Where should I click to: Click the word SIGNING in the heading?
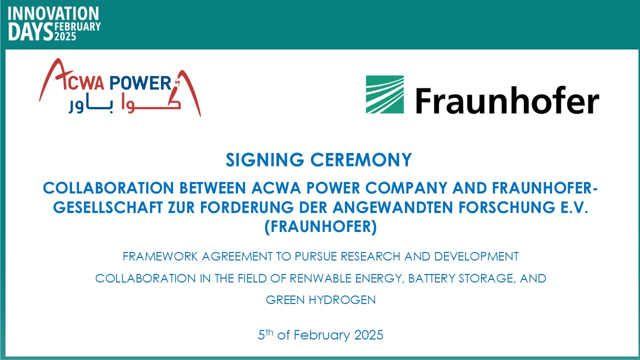click(x=265, y=159)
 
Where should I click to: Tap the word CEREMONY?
click(x=361, y=159)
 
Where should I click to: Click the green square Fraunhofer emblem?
click(x=385, y=94)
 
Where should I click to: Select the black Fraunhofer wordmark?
click(x=507, y=100)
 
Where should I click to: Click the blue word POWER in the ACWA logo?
click(x=140, y=83)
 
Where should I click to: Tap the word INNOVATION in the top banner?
click(x=53, y=13)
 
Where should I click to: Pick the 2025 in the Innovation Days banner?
click(x=65, y=36)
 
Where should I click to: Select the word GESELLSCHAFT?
click(x=108, y=207)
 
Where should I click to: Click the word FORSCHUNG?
click(x=507, y=207)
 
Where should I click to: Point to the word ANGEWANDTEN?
click(x=392, y=207)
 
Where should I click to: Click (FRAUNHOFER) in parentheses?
click(x=320, y=227)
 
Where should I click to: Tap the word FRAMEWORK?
click(x=160, y=256)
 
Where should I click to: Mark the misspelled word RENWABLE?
click(x=320, y=278)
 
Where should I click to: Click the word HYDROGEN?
click(x=342, y=300)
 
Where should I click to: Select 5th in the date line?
click(x=265, y=334)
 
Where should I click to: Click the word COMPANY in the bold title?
click(x=406, y=188)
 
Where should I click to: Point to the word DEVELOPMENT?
click(x=476, y=256)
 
